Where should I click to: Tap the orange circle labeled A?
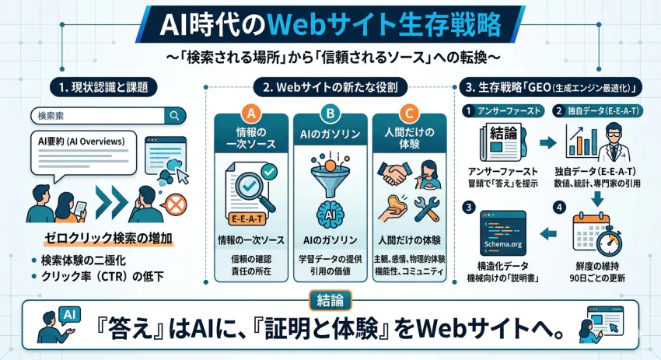pyautogui.click(x=251, y=114)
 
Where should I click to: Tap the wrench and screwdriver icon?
pyautogui.click(x=428, y=209)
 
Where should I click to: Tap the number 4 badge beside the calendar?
pyautogui.click(x=558, y=207)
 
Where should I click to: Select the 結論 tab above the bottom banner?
pyautogui.click(x=330, y=297)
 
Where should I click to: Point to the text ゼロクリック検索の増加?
pyautogui.click(x=103, y=238)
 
